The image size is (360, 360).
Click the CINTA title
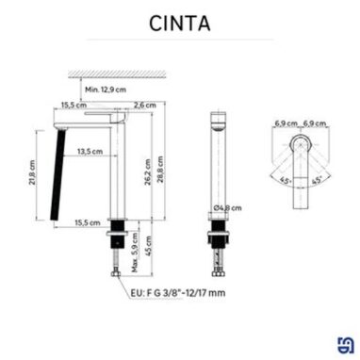(x=179, y=22)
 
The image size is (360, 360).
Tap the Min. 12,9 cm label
(x=105, y=89)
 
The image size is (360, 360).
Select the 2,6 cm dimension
(x=144, y=106)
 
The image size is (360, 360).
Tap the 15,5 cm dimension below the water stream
(x=90, y=221)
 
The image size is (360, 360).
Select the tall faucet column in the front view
(x=119, y=174)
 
